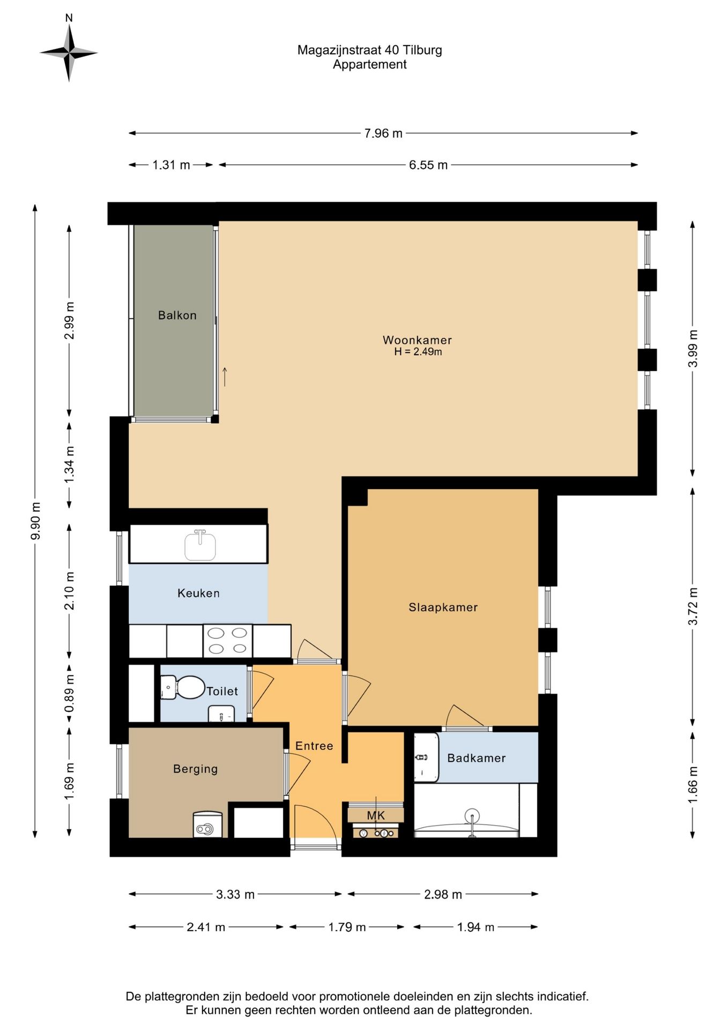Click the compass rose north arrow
point(69,39)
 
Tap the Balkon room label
point(177,315)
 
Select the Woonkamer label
point(417,340)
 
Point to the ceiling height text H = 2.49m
point(418,352)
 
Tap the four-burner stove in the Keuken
point(228,641)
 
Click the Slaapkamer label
point(443,607)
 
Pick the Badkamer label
point(477,758)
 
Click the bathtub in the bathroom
point(467,810)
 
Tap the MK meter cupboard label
point(376,815)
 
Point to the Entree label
point(314,746)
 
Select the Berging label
point(195,769)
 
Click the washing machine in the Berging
point(207,825)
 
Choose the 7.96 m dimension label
point(383,133)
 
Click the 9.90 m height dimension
point(35,521)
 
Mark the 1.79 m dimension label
point(347,927)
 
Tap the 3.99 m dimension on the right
point(693,348)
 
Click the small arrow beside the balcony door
point(225,377)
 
